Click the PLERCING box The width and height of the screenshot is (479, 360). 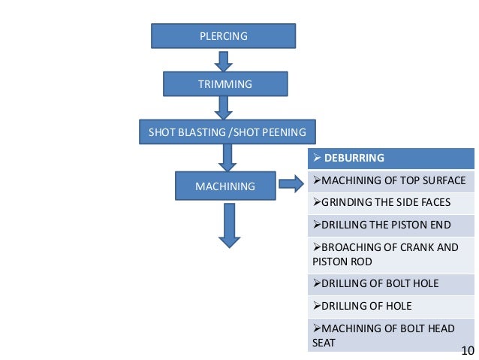pos(223,35)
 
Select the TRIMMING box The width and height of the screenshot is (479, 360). pos(224,84)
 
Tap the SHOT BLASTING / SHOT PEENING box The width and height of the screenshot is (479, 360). pos(227,132)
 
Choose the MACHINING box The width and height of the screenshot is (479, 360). pos(224,185)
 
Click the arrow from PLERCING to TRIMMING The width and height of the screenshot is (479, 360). pos(223,59)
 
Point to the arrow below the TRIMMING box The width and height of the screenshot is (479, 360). pos(223,107)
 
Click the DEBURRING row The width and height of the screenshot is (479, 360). pos(391,159)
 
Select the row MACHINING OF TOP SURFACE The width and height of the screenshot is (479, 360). pos(391,180)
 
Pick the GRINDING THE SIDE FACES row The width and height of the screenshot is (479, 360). pos(391,203)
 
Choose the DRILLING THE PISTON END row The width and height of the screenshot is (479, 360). pos(391,225)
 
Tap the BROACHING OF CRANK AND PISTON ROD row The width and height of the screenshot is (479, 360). pos(391,254)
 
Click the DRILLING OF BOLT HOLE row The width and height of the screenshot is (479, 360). pos(391,283)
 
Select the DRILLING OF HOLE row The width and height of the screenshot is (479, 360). pos(391,306)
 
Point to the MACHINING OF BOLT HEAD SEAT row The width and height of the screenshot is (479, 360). pos(391,334)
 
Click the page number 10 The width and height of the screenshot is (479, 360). pos(467,351)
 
